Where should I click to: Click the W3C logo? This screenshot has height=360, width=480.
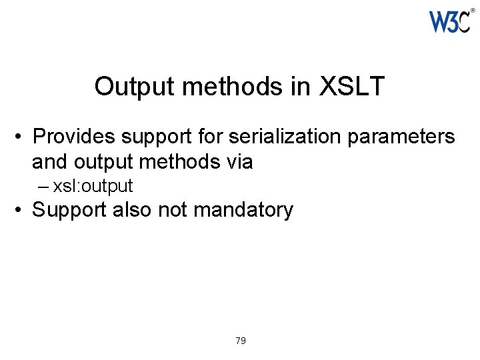(x=450, y=21)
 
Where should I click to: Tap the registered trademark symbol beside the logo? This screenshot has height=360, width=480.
(x=473, y=11)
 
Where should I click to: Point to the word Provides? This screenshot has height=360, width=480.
(x=72, y=137)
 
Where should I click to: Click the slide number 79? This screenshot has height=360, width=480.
(x=241, y=341)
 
